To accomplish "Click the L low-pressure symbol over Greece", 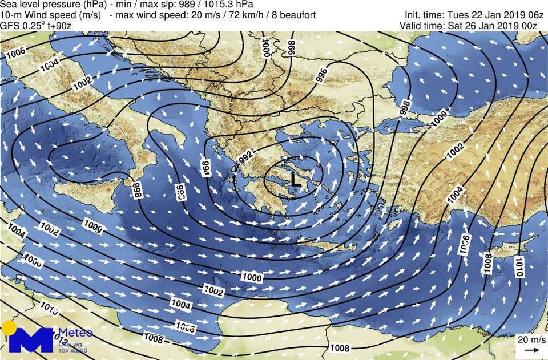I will click(295, 179).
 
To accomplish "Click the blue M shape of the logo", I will click(31, 341).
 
